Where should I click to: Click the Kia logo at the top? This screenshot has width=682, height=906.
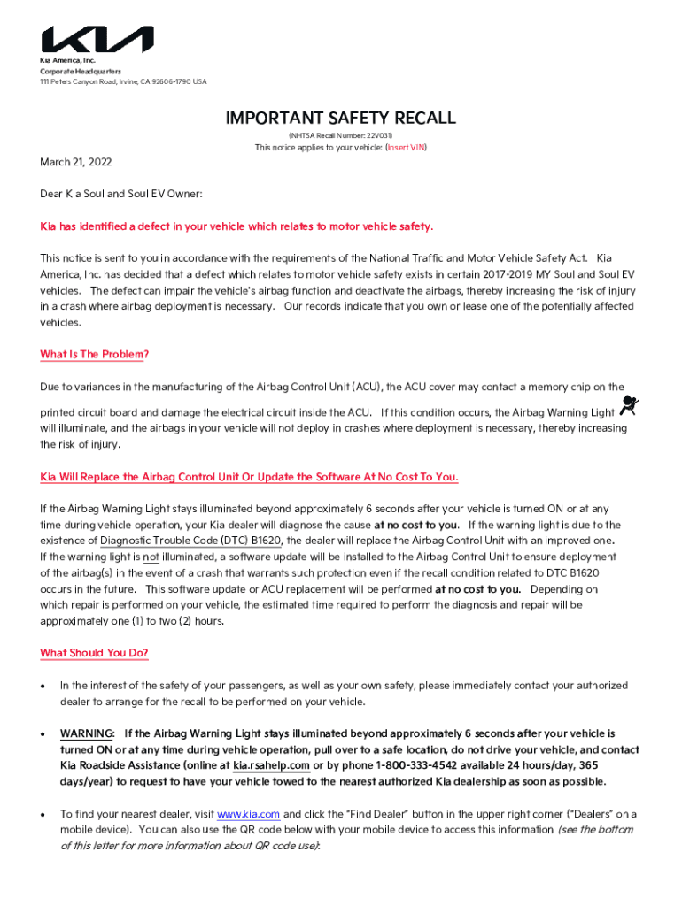pos(97,40)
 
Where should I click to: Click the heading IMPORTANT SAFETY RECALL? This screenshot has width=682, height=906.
pos(341,118)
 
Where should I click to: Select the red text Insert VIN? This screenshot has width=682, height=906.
pos(406,148)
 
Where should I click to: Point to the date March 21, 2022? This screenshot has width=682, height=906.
pos(76,163)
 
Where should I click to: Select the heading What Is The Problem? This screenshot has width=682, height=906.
pos(95,355)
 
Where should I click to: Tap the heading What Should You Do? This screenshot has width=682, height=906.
pos(95,653)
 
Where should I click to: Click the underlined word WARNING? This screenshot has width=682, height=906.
pos(86,733)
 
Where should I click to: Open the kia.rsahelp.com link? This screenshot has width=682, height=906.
pos(271,765)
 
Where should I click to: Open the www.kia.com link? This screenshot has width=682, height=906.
pos(249,814)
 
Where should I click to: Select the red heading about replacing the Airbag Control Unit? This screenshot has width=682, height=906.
pos(249,477)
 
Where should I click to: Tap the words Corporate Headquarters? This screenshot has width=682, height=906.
pos(81,71)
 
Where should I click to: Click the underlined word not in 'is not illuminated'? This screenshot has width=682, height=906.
pos(151,557)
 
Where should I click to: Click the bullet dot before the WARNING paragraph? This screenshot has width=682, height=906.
pos(43,734)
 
